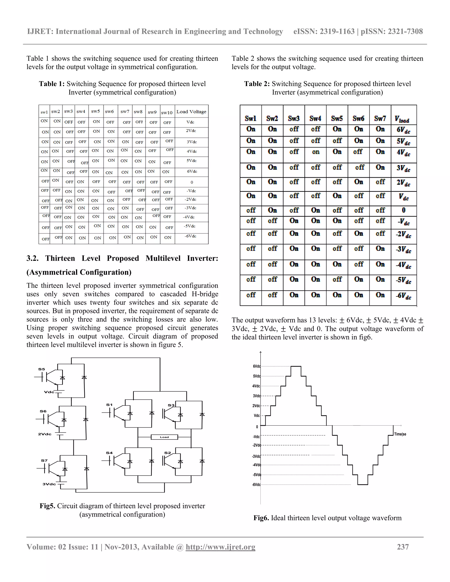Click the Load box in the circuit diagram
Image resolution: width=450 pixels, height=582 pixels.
tap(164, 437)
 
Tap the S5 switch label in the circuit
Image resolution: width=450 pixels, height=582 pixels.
tap(42, 369)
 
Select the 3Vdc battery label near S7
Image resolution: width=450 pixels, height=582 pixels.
tap(49, 484)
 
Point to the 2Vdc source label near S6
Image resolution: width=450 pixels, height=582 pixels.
tap(45, 434)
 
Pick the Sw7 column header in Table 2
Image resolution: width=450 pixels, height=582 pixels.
tap(380, 118)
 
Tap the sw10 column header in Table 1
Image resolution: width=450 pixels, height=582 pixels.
tap(167, 112)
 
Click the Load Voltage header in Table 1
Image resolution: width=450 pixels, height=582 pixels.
tap(191, 112)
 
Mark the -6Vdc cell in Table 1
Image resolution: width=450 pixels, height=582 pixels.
tap(190, 236)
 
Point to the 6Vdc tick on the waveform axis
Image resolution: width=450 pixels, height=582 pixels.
tap(256, 366)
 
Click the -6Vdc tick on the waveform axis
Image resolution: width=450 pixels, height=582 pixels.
tap(256, 484)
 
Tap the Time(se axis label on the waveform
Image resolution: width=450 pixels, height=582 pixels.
tap(400, 434)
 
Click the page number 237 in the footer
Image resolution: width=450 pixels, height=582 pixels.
tap(403, 547)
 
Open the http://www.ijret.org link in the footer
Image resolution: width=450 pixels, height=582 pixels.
tap(220, 547)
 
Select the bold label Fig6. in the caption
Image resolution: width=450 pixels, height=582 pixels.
tap(261, 518)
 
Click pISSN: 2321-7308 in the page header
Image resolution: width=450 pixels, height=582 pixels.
tap(392, 31)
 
